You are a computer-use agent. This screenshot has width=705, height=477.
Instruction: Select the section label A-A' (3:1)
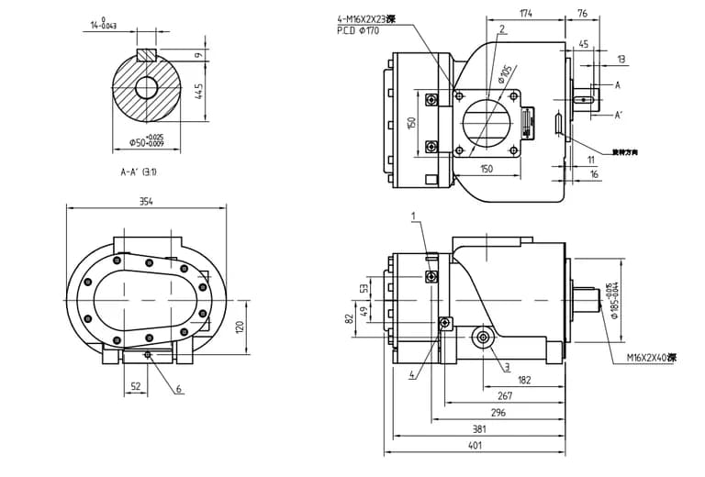(144, 172)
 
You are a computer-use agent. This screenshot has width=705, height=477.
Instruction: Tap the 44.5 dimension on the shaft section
(198, 92)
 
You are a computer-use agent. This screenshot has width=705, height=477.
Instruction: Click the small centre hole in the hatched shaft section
(146, 87)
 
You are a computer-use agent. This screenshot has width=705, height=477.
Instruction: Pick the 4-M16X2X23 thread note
(367, 17)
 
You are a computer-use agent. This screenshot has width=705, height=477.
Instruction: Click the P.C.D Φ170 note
(360, 30)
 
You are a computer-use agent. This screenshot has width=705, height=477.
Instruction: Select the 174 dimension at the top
(525, 14)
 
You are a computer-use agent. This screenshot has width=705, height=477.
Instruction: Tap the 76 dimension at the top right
(582, 14)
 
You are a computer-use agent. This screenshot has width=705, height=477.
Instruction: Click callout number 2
(502, 29)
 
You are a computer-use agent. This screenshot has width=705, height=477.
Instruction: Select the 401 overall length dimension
(476, 447)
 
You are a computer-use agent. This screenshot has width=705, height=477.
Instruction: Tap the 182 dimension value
(524, 378)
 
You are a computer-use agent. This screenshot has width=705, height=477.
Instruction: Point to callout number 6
(179, 389)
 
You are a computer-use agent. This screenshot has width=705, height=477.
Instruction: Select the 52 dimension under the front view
(136, 386)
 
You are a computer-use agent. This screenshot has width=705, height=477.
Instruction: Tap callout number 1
(414, 216)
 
